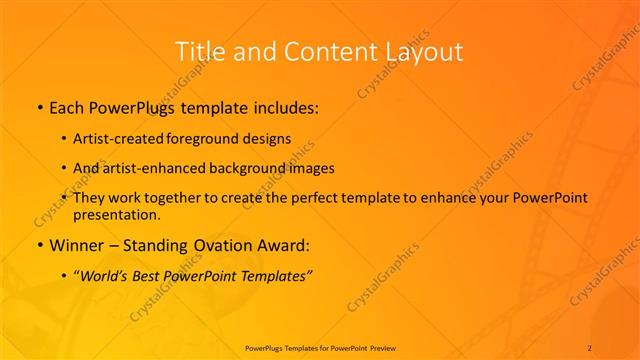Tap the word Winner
(x=78, y=244)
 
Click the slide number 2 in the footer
(x=590, y=347)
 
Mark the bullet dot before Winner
(x=39, y=245)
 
